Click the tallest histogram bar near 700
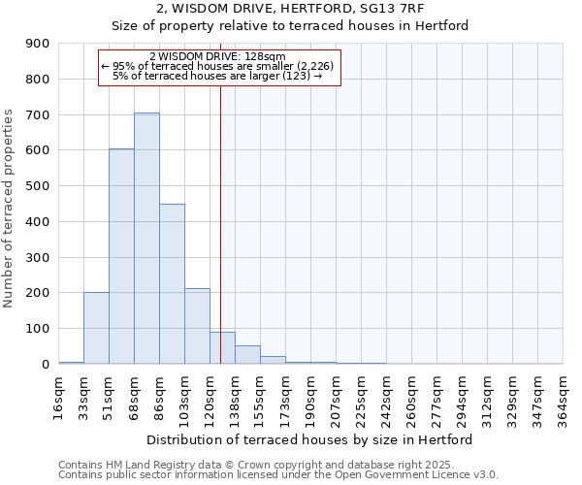click(x=146, y=238)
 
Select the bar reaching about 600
click(x=121, y=256)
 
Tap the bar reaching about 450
click(x=172, y=283)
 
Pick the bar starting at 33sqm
click(x=96, y=328)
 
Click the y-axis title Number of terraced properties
click(x=10, y=209)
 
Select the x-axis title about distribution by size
click(x=310, y=439)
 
